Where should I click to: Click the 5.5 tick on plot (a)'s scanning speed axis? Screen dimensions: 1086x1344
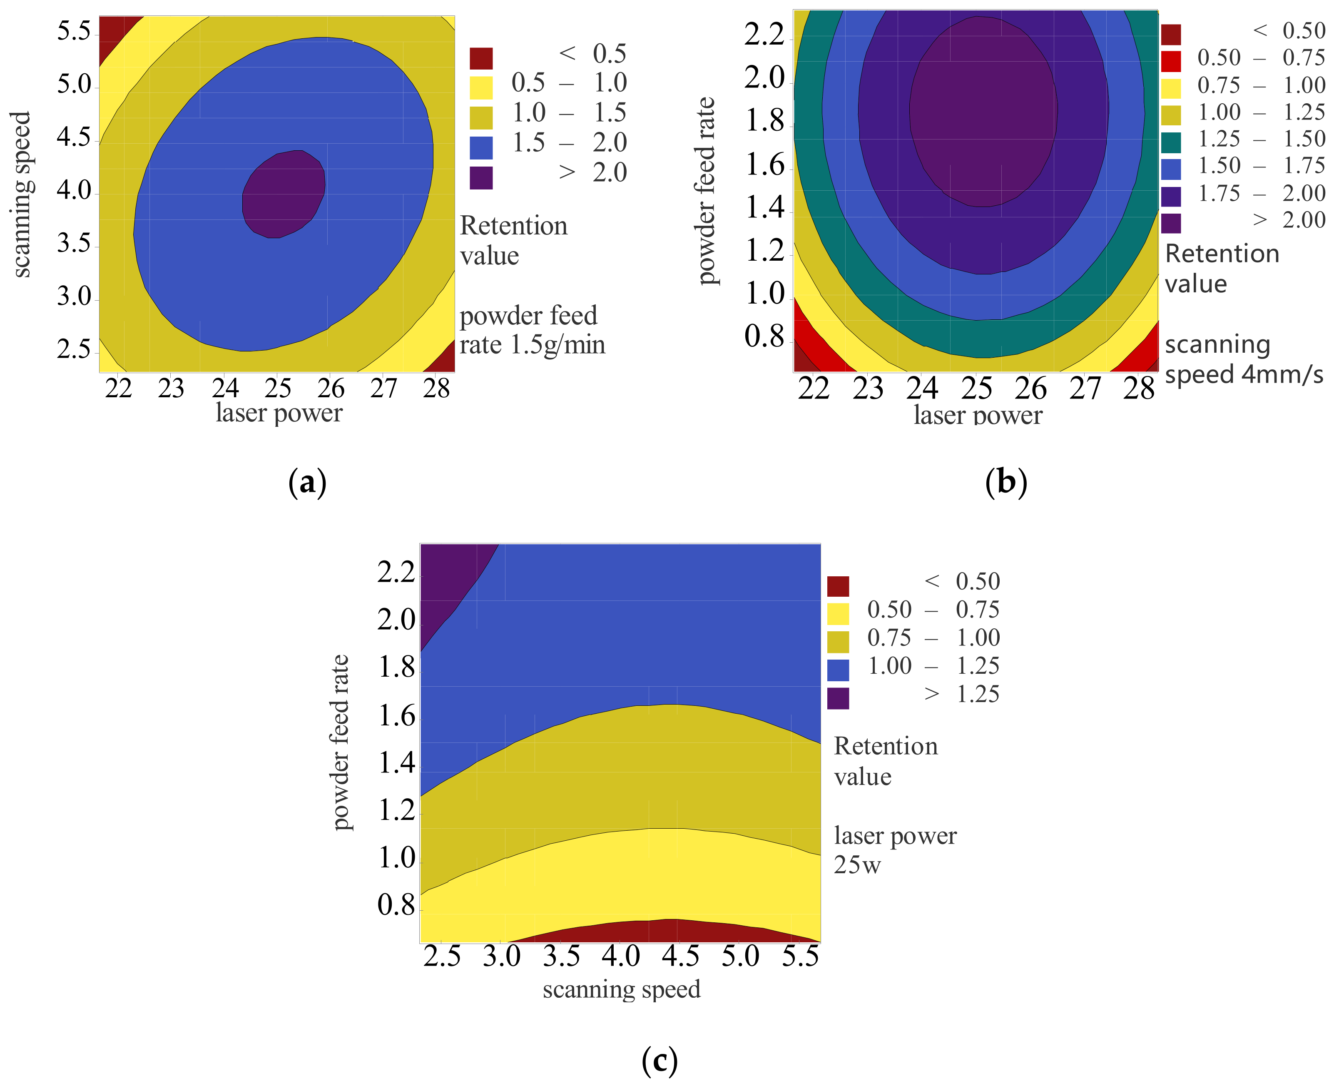pos(74,31)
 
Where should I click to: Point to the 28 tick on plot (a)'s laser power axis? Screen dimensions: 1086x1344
pos(436,389)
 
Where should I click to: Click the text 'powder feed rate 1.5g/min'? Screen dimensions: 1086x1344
pos(532,330)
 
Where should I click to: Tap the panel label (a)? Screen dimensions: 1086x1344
pos(307,483)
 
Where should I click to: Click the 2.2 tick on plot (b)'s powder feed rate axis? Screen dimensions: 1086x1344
pos(764,35)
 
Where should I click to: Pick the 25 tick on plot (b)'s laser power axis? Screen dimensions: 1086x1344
pos(976,389)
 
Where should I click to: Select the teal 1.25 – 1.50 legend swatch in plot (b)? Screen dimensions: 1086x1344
pos(1171,142)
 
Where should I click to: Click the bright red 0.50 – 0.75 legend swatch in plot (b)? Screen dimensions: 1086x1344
pos(1171,61)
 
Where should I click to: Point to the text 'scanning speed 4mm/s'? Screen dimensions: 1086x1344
pos(1243,359)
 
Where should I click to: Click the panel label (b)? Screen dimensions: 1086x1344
pos(1006,483)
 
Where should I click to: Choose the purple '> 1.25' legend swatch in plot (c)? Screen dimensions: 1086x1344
pos(838,698)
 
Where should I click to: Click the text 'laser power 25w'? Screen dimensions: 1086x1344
pos(894,850)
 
